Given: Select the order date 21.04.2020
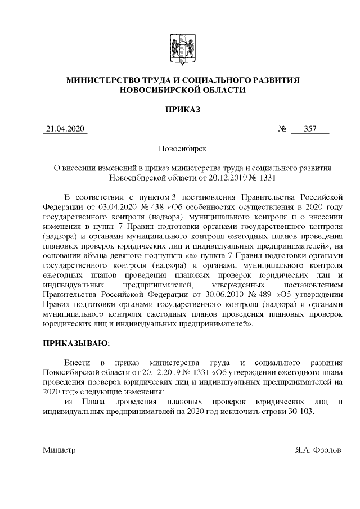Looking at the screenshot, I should coord(65,130).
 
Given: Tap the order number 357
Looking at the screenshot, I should coord(310,130).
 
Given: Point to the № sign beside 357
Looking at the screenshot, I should coord(283,130).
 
